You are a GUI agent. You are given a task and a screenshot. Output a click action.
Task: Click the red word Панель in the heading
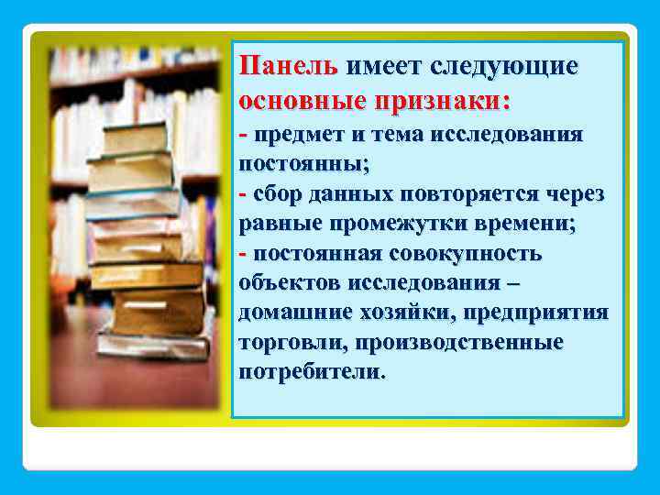288,67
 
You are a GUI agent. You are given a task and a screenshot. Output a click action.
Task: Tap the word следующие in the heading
502,67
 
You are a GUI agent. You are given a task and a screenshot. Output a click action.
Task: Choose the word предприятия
535,313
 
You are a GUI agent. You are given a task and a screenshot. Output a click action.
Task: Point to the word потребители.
312,372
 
